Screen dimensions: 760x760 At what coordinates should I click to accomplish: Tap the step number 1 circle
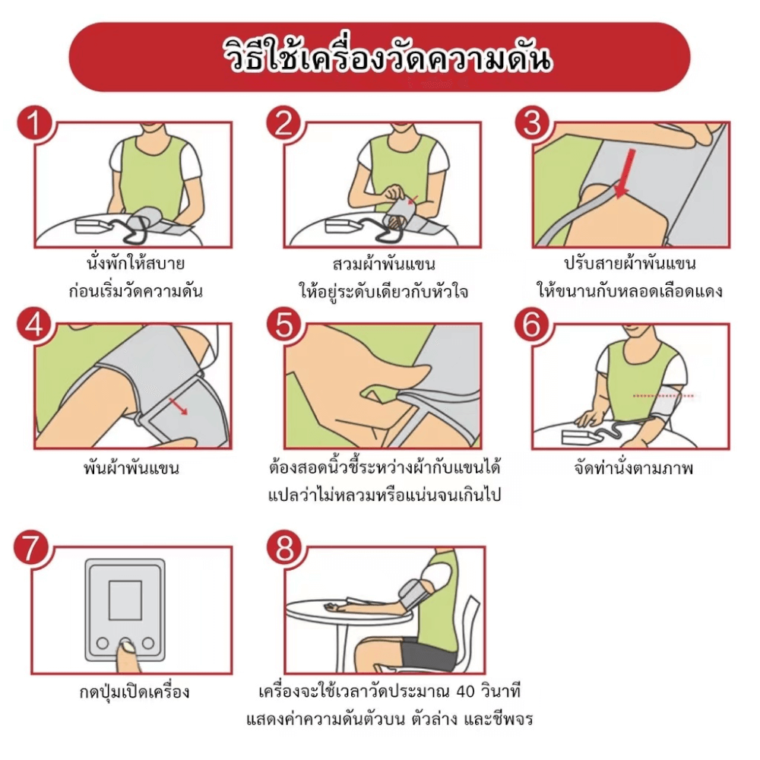34,123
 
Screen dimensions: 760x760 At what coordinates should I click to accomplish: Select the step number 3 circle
532,123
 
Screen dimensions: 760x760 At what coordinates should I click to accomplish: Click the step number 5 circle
284,325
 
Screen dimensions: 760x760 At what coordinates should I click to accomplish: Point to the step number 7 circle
30,548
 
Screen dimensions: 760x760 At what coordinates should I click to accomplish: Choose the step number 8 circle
284,548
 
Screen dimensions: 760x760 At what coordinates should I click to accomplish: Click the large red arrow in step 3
625,173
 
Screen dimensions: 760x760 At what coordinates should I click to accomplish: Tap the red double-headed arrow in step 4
178,406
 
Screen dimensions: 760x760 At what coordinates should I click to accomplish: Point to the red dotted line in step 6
663,396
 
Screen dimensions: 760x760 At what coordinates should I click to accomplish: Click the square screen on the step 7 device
125,600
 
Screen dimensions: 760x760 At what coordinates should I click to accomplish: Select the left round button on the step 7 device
103,643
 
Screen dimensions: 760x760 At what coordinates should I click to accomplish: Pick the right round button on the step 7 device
148,643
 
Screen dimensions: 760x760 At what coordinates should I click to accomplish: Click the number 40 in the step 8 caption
465,692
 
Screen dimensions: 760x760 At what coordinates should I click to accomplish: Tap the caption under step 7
135,692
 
